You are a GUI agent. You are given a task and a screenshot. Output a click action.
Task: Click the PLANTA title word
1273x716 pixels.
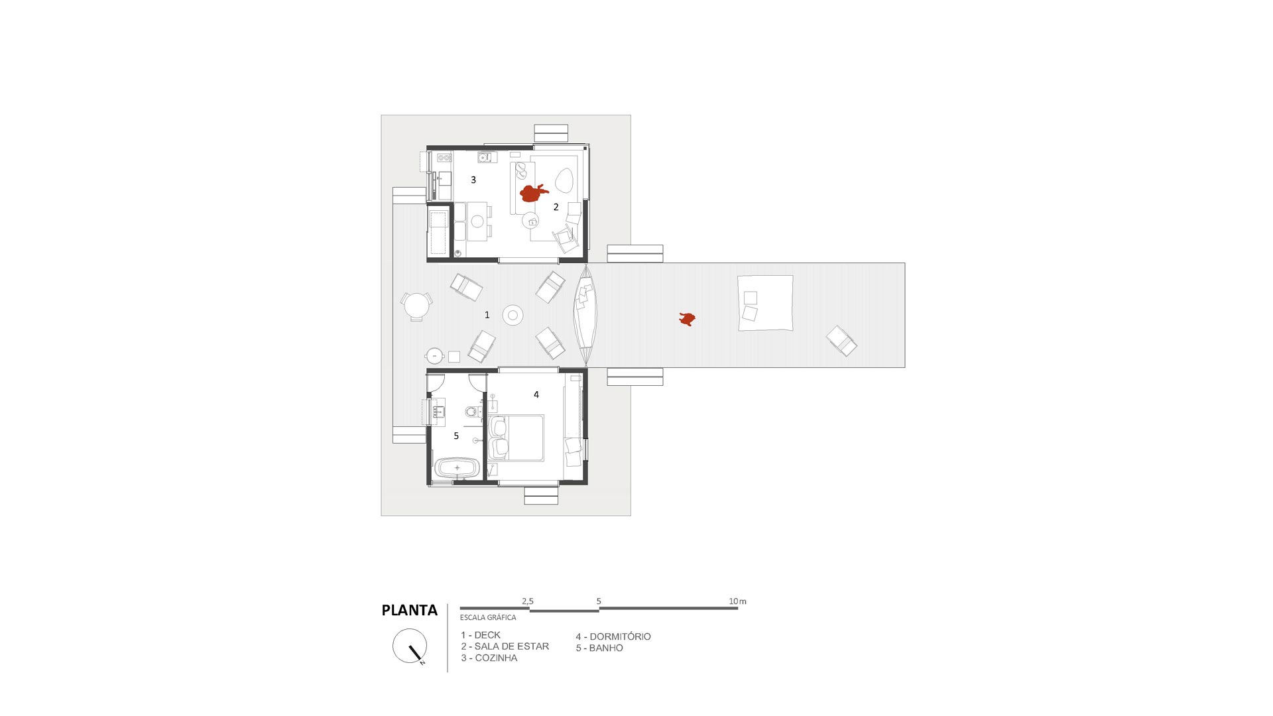coord(409,610)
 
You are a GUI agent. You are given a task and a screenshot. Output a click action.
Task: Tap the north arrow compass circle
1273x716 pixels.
coord(409,646)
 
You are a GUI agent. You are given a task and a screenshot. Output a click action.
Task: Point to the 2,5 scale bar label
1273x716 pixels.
coord(528,601)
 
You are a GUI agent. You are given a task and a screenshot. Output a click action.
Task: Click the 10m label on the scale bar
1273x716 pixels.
coord(737,601)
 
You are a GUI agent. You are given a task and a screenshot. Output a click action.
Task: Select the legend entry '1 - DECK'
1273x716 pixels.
coord(481,635)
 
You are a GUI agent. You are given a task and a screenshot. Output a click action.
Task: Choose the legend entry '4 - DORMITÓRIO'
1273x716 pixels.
coord(613,636)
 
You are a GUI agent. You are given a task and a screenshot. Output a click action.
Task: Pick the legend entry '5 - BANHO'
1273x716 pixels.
coord(599,648)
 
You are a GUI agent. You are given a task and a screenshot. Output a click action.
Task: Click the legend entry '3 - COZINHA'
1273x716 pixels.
coord(489,658)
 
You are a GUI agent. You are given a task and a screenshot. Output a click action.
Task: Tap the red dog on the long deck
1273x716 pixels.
coord(688,320)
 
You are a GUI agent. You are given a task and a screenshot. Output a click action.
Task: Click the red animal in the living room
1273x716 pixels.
coord(533,193)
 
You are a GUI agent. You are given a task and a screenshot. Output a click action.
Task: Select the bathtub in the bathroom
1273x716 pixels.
coord(457,468)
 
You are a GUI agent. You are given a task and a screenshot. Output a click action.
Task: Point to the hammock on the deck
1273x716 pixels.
coord(585,316)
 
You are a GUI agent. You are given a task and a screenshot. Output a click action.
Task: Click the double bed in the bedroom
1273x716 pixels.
coord(516,438)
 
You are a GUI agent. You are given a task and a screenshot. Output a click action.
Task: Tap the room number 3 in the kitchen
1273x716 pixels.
coord(473,180)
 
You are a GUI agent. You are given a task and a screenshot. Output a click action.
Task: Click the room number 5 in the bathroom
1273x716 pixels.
coord(456,436)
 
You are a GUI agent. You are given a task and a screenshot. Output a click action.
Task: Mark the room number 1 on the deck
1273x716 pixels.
coord(487,315)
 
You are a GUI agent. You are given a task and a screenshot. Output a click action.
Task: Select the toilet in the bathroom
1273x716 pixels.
coord(472,412)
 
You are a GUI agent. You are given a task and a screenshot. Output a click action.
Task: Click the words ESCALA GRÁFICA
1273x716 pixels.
coord(488,617)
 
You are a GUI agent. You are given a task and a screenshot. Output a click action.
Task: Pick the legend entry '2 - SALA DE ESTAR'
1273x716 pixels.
coord(505,646)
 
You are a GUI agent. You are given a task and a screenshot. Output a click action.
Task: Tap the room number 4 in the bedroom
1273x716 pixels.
coord(536,394)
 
